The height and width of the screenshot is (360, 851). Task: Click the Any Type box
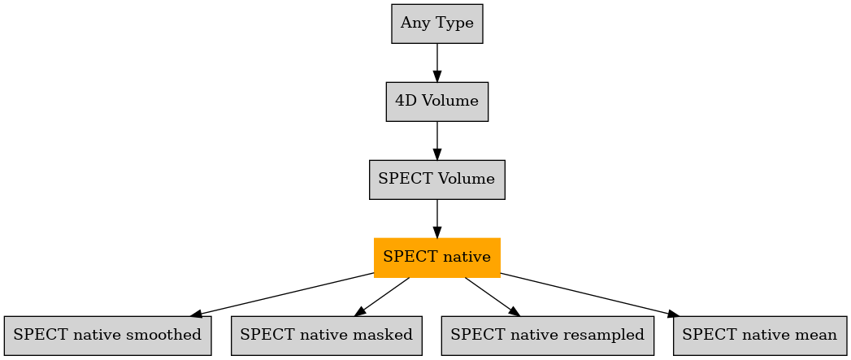pos(437,24)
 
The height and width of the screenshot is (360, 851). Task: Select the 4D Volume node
pos(437,102)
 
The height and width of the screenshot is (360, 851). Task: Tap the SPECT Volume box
pos(437,180)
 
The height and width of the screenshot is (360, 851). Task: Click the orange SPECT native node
pos(437,258)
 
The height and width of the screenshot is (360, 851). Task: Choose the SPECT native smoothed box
pos(107,336)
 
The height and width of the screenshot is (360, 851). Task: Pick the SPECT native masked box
pos(327,336)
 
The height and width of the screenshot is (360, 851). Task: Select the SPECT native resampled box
pos(548,336)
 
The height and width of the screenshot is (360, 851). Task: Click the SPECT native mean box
pos(760,336)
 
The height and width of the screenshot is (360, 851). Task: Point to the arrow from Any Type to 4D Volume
pos(437,63)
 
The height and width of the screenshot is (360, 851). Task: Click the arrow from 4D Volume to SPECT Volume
pos(437,141)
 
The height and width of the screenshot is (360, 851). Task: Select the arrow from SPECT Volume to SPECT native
pos(437,219)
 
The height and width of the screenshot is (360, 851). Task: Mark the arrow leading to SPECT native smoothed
pos(282,294)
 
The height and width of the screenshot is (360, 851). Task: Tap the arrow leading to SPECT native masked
pos(382,297)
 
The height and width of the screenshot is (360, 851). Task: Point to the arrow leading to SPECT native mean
pos(589,294)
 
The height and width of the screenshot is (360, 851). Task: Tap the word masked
pos(388,335)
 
